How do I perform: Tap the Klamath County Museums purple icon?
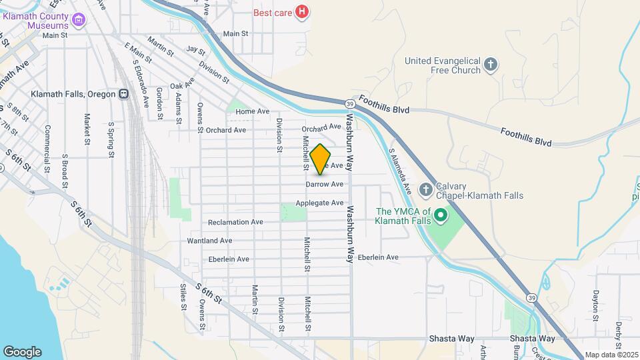point(79,21)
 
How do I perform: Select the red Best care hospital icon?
point(303,11)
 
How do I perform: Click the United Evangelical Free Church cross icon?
point(491,65)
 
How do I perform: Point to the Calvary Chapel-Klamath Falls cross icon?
point(426,190)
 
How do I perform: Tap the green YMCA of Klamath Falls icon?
point(440,215)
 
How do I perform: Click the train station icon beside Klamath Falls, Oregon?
point(124,94)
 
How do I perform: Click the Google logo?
point(22,351)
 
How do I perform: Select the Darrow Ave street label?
point(325,184)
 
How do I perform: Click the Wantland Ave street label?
point(209,241)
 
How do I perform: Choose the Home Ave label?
point(252,111)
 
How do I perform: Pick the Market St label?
point(87,129)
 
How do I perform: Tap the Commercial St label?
point(47,148)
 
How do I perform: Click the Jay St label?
point(196,50)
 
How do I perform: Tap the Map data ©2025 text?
point(611,355)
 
